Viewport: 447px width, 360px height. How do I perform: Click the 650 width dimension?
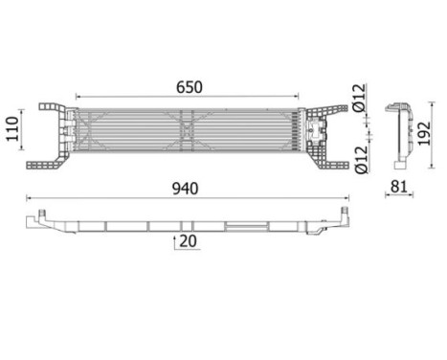(189, 86)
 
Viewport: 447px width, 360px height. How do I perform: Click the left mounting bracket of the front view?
(56, 135)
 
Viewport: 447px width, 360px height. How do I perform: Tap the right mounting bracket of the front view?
(331, 135)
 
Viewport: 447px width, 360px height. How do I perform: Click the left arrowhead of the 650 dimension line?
(78, 96)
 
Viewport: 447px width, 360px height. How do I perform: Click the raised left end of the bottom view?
(38, 218)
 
